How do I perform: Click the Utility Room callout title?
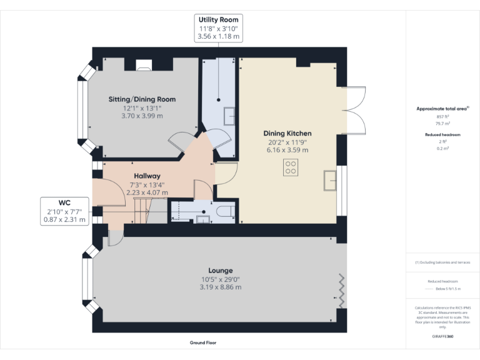tap(218, 20)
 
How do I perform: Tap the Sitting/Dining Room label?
tap(142, 99)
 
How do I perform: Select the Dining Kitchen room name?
tap(287, 134)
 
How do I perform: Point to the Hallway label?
tap(147, 176)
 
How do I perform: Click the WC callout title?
tap(64, 203)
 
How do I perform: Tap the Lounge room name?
tap(220, 271)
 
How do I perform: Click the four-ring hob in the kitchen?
tap(291, 167)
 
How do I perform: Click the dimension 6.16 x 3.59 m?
tap(287, 150)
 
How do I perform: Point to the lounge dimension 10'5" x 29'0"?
tap(220, 279)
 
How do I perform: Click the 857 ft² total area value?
tap(442, 117)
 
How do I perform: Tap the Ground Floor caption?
tap(204, 342)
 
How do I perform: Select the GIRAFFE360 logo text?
tap(442, 337)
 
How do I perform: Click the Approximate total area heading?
tap(441, 109)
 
